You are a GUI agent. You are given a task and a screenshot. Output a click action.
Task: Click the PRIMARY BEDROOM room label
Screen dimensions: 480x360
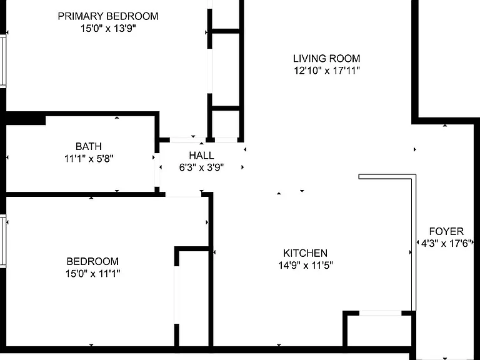tap(108, 16)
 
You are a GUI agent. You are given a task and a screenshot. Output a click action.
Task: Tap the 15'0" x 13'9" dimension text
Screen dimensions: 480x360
tap(108, 29)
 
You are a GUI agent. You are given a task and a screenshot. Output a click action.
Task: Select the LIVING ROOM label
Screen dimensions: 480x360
tap(327, 58)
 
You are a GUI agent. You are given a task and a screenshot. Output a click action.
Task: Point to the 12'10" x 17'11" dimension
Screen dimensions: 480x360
tap(327, 71)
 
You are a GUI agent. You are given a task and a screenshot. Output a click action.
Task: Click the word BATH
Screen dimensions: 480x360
tap(89, 146)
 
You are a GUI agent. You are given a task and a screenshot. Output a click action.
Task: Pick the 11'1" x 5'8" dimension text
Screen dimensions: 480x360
tap(89, 159)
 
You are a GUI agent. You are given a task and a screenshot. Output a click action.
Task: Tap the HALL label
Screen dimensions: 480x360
tap(201, 155)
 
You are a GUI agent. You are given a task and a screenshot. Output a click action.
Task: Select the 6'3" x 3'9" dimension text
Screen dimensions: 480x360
tap(201, 167)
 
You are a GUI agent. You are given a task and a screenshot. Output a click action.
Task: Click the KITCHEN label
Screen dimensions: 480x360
tap(305, 253)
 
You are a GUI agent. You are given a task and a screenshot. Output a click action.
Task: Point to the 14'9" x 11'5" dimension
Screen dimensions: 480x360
tap(305, 265)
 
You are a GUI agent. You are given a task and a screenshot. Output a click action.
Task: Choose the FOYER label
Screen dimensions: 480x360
tap(446, 231)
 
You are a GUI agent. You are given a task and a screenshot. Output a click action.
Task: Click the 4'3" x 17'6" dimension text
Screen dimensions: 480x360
tap(446, 243)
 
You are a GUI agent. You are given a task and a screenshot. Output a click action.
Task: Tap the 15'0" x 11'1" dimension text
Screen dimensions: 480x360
tap(92, 273)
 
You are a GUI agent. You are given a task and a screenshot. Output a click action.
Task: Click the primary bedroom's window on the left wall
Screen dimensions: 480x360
tap(3, 61)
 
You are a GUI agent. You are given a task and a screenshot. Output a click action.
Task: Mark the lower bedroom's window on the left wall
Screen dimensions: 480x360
tap(3, 241)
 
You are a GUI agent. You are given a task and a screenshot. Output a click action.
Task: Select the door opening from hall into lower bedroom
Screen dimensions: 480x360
tap(183, 194)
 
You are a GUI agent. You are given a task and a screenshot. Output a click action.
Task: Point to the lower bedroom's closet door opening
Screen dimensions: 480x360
tap(177, 294)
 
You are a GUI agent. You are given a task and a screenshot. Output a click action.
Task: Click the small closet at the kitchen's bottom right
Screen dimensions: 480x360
tap(379, 329)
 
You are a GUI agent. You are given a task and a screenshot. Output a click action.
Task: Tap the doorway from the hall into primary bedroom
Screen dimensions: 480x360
tap(187, 140)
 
